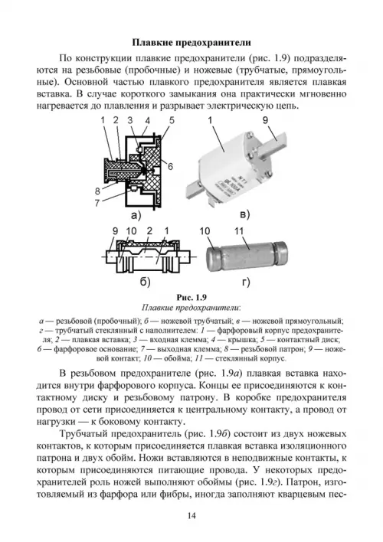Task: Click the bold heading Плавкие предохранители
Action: tap(191, 43)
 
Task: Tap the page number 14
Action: tap(191, 516)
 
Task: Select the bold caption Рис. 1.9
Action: tap(191, 297)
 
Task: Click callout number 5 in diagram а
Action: tap(172, 120)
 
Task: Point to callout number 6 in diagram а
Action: tap(170, 166)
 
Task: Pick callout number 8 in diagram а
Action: tap(98, 191)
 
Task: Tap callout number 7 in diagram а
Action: tap(98, 203)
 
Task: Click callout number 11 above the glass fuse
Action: tap(239, 231)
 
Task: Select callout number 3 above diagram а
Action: tap(130, 120)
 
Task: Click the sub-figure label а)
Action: tap(136, 215)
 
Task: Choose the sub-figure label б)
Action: tap(145, 282)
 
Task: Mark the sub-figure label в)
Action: tap(244, 214)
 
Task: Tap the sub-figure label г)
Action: tap(246, 282)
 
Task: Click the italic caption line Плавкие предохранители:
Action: tap(191, 308)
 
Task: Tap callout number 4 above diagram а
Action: tap(148, 120)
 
